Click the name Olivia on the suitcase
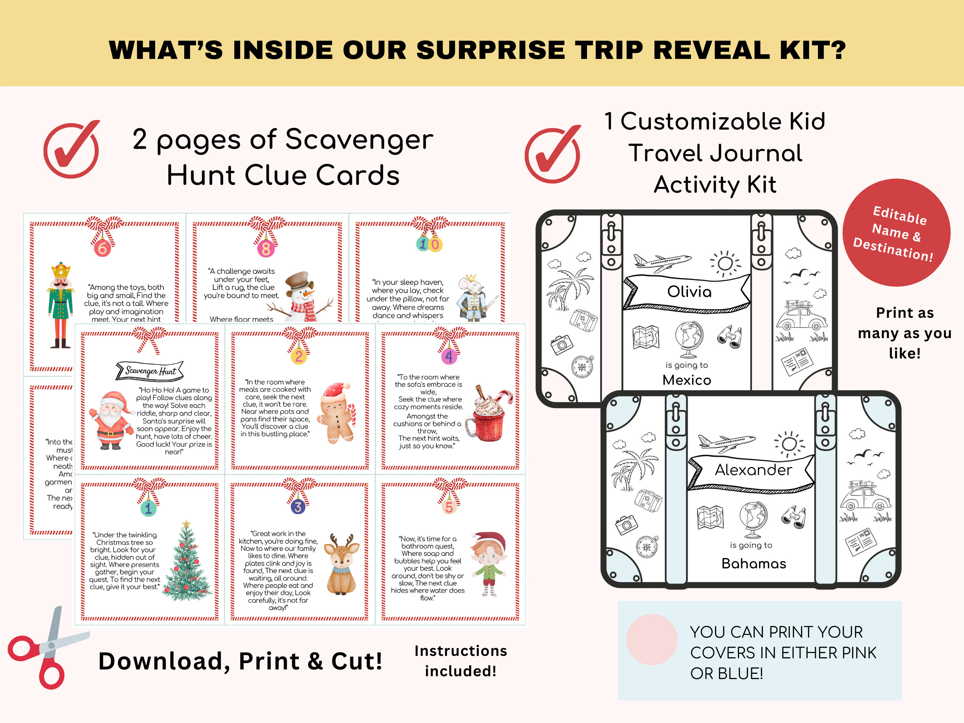coord(689,292)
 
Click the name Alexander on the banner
coord(753,470)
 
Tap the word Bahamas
coord(753,563)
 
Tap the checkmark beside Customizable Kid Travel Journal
coord(552,155)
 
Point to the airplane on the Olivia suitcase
coord(662,261)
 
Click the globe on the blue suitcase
coord(753,519)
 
